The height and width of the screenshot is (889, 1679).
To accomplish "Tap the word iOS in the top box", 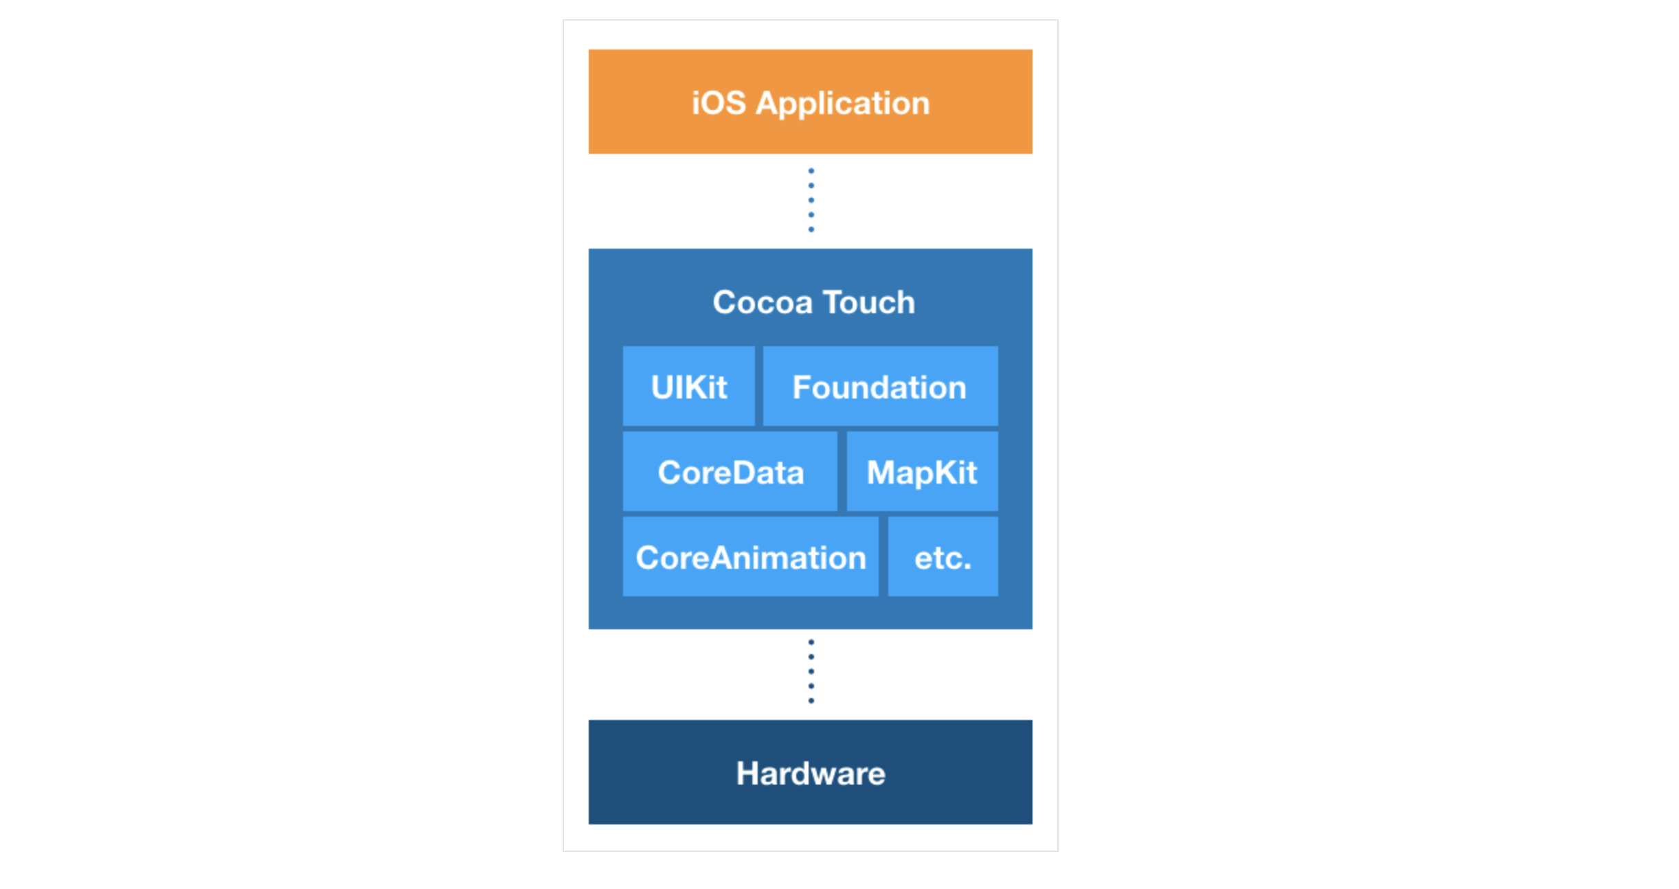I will tap(718, 103).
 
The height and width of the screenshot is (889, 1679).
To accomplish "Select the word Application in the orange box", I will tap(842, 104).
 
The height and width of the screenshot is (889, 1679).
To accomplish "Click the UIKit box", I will tap(688, 386).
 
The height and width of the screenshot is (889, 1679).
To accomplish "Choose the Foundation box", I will tap(880, 386).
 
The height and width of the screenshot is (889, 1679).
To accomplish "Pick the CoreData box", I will tap(730, 471).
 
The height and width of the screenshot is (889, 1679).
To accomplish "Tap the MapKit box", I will tap(922, 471).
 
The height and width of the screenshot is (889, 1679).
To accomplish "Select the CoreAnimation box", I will tap(750, 556).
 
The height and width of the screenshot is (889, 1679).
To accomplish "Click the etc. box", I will tap(943, 556).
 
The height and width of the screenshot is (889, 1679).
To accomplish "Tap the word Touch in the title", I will tap(869, 302).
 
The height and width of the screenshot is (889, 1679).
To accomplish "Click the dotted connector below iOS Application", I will tap(811, 200).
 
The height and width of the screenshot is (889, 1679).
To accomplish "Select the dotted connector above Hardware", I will tap(811, 671).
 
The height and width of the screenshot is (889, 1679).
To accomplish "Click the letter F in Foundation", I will tap(802, 387).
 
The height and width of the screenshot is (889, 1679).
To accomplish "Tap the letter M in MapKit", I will tap(881, 473).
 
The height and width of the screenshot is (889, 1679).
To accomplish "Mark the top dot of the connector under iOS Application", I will tap(811, 170).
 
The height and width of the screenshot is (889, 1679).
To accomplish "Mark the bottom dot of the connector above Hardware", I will tap(811, 701).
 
